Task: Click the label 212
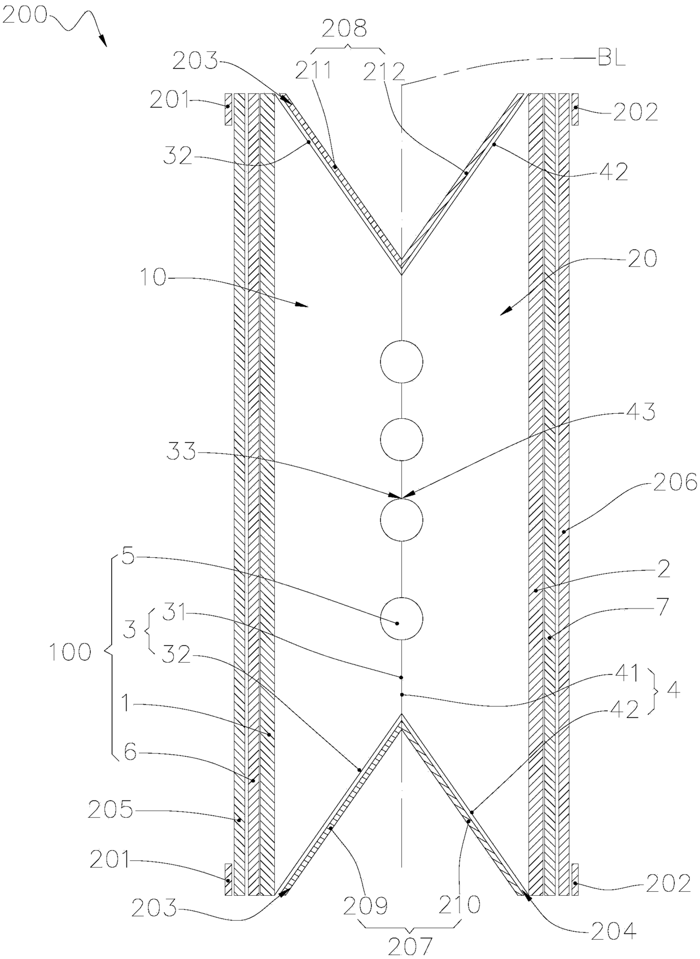click(x=384, y=72)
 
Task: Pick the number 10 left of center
click(x=152, y=279)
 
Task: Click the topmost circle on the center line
click(x=401, y=362)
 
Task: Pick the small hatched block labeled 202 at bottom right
click(x=575, y=879)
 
